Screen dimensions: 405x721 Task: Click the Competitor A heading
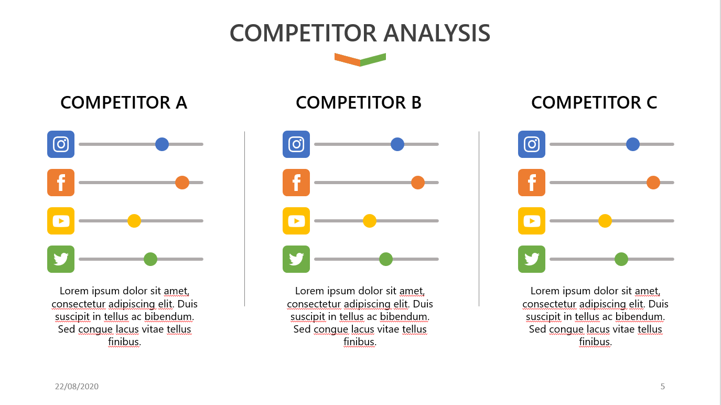[x=124, y=103]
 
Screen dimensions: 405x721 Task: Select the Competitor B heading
[x=359, y=103]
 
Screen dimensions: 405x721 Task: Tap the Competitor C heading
[x=594, y=103]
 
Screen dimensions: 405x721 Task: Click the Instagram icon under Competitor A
[x=61, y=144]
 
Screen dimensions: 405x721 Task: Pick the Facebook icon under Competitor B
[x=296, y=183]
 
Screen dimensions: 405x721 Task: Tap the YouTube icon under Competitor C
[x=532, y=221]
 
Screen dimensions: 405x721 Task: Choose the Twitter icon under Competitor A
[x=61, y=259]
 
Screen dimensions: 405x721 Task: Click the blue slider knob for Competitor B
[x=397, y=144]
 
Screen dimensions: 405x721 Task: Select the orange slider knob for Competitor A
[x=182, y=183]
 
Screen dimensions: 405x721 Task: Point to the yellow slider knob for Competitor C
[x=605, y=221]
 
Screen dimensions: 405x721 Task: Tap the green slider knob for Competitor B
[x=386, y=259]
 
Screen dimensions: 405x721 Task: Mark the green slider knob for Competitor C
[x=621, y=259]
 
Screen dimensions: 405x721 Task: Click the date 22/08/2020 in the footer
[x=77, y=387]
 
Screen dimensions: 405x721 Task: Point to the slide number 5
[x=663, y=387]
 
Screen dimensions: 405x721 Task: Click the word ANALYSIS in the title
[x=437, y=34]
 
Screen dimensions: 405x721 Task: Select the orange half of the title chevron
[x=347, y=59]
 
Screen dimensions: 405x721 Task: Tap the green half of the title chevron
[x=373, y=59]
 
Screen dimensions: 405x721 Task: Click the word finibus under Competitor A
[x=124, y=342]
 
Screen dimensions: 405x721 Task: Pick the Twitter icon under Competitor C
[x=532, y=259]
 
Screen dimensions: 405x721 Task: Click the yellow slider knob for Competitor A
[x=134, y=221]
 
